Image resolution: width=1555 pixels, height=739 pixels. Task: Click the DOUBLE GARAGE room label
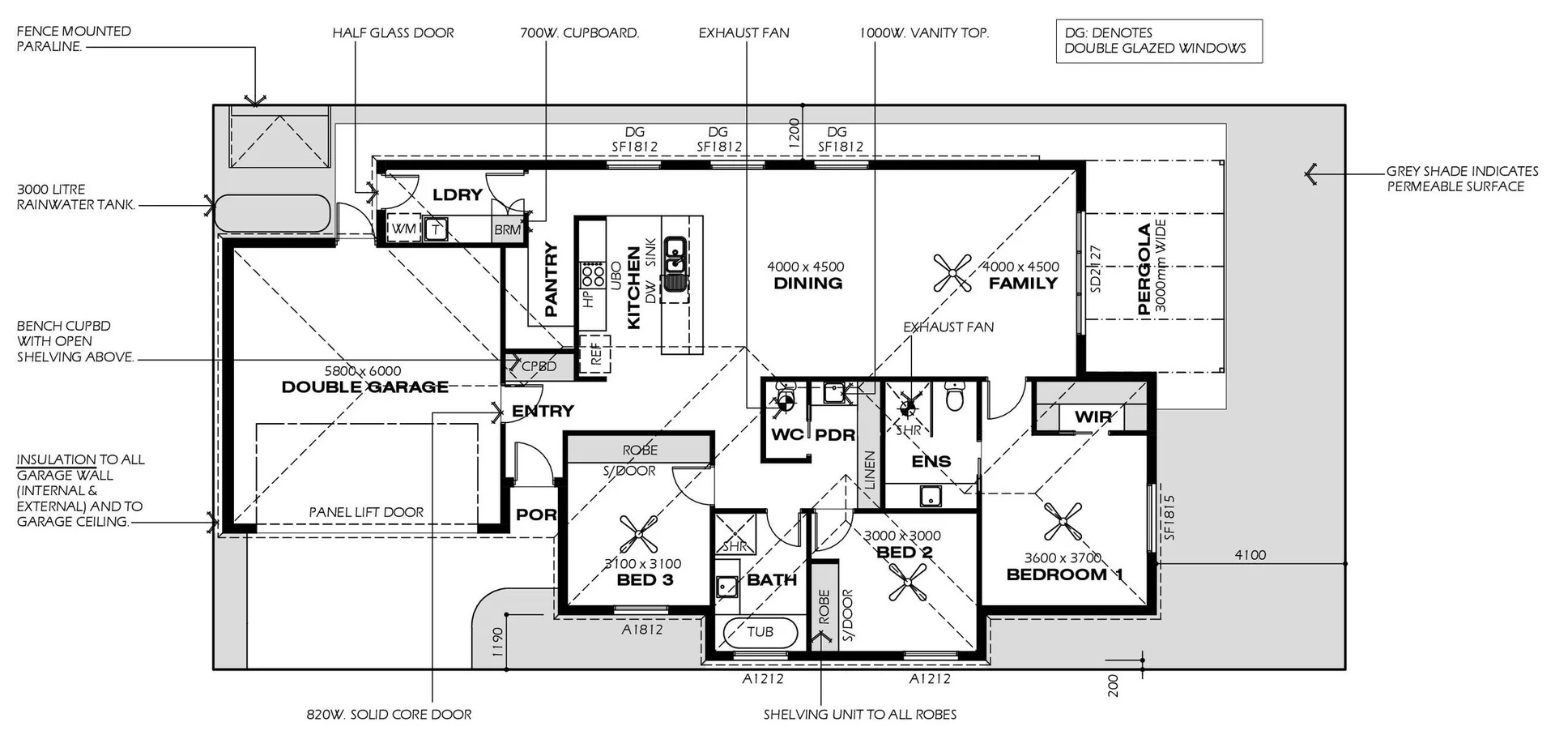[364, 387]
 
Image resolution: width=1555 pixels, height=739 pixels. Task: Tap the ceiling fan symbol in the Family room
[952, 273]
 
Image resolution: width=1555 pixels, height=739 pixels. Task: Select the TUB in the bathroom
[760, 632]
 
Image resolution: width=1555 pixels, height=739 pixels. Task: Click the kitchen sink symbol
[674, 263]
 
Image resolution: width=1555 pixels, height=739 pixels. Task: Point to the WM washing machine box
[403, 229]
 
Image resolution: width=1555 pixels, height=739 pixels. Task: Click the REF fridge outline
[595, 354]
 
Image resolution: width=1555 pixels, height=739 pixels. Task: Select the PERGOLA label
[1144, 268]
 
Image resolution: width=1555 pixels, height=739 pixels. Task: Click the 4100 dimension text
[1250, 555]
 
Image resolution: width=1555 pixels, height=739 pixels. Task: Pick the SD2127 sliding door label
[1096, 268]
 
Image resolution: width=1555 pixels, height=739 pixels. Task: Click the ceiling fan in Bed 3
[639, 535]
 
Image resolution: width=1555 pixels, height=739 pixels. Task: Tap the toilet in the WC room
[783, 398]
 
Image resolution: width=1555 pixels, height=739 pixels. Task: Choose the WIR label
[1093, 417]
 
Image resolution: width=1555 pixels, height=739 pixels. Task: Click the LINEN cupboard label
[870, 470]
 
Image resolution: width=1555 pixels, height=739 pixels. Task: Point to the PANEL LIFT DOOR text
[366, 512]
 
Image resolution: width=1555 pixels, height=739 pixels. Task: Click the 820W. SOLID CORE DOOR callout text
[389, 715]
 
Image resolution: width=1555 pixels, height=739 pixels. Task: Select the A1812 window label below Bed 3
[642, 629]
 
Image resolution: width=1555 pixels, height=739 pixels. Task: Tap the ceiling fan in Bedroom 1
[1062, 521]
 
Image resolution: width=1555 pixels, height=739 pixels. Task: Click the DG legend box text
[1155, 41]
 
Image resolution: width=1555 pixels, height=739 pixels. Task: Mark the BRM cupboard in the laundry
[507, 229]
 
